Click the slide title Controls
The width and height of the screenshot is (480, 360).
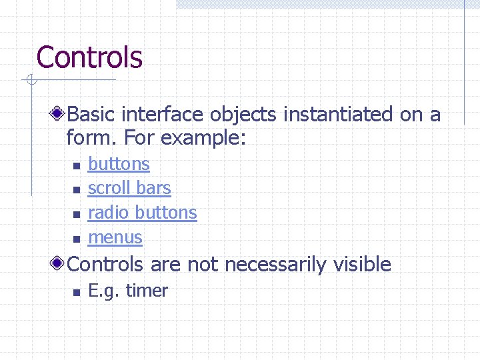[89, 57]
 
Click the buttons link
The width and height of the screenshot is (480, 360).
[119, 164]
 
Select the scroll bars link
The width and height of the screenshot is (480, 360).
[129, 189]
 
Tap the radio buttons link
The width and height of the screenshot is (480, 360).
[142, 213]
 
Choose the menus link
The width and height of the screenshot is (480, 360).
[115, 237]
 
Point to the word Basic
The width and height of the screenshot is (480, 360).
[93, 115]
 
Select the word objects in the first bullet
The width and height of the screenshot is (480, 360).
[243, 115]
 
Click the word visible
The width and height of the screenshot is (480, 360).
[361, 265]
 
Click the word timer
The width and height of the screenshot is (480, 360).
[147, 291]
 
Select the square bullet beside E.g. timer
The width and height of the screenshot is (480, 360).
[76, 292]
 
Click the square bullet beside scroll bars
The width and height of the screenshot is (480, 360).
[76, 190]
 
